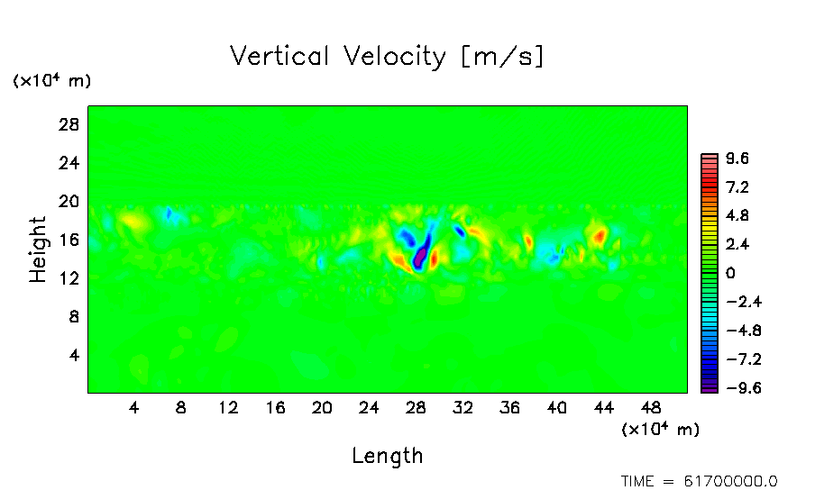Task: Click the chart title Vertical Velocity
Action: coord(387,57)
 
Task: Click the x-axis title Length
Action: coord(387,456)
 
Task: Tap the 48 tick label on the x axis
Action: coord(650,408)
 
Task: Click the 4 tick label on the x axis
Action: coord(134,408)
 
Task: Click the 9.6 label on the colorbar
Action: coord(737,159)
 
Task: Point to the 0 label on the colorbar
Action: coord(730,274)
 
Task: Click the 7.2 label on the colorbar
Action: coord(737,188)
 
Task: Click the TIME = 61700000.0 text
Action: coord(699,481)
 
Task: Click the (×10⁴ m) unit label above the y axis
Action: coord(51,81)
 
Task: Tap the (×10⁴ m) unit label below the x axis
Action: coord(660,430)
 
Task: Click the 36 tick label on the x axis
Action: coord(509,408)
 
